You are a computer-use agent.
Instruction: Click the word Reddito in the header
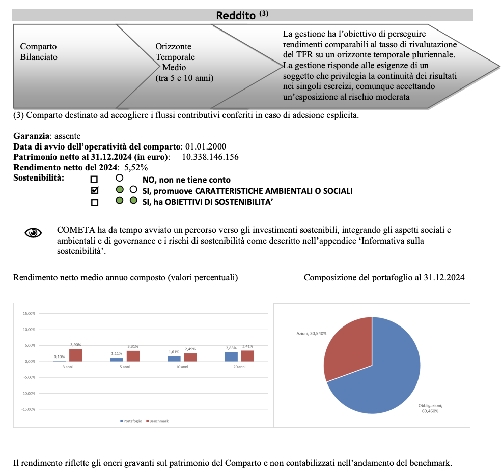236,15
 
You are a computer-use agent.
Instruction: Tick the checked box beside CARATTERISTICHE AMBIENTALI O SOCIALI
94,191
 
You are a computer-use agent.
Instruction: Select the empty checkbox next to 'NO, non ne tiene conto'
94,180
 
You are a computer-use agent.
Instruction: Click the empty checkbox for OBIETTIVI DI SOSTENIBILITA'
94,202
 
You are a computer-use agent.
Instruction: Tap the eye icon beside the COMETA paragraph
34,233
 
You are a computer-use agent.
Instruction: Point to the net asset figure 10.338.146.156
210,157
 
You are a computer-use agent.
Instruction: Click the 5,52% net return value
135,167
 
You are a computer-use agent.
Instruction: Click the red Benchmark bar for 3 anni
76,355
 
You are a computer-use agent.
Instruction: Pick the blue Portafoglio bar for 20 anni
231,356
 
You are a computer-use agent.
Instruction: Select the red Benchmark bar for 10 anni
190,357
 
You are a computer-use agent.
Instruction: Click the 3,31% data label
133,346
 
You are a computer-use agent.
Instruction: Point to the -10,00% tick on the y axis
28,393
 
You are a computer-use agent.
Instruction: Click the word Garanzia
32,136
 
